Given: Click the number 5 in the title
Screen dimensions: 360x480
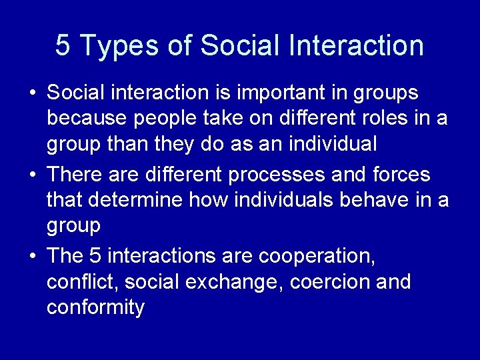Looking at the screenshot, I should click(63, 45).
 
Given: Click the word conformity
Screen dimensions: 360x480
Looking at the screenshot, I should click(95, 308).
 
